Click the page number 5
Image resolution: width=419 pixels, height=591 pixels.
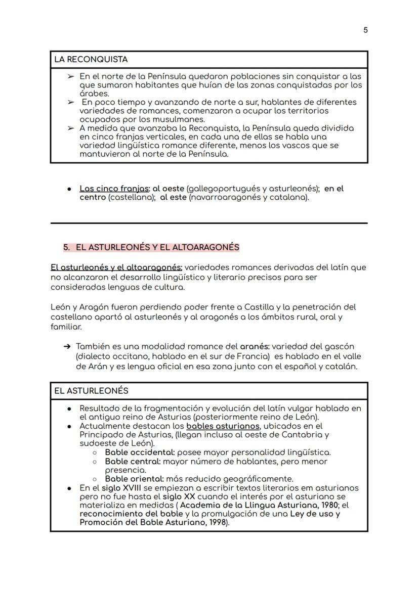pyautogui.click(x=365, y=30)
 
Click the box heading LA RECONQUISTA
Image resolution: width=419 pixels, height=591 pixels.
pyautogui.click(x=91, y=60)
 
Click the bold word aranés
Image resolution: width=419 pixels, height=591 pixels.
pyautogui.click(x=255, y=347)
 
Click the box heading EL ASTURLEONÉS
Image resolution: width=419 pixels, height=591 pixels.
pyautogui.click(x=91, y=391)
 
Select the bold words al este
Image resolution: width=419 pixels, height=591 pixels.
pyautogui.click(x=174, y=197)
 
